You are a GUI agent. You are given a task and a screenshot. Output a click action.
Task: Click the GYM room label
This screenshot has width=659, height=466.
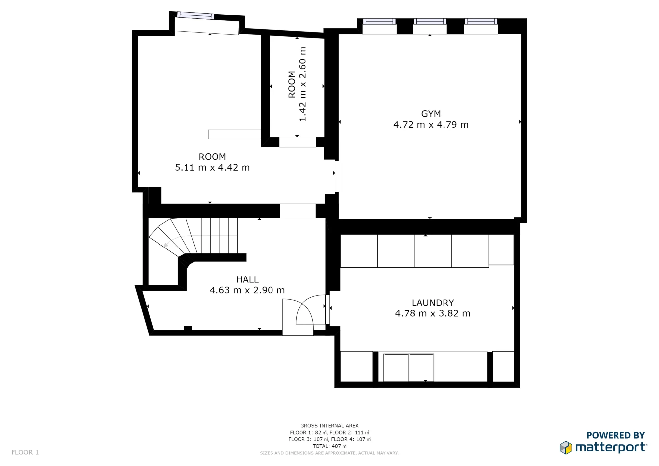pyautogui.click(x=431, y=114)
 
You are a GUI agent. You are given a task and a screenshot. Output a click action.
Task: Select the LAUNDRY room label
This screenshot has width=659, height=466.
pyautogui.click(x=433, y=303)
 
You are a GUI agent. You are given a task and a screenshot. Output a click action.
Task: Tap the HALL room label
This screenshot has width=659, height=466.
pyautogui.click(x=247, y=279)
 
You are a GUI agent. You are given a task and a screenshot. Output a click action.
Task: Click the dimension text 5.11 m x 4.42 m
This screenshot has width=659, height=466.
pyautogui.click(x=212, y=168)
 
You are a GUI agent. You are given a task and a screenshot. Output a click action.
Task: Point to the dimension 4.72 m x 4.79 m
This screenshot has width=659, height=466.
pyautogui.click(x=431, y=125)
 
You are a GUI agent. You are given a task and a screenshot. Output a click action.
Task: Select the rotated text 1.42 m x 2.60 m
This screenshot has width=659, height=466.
pyautogui.click(x=302, y=84)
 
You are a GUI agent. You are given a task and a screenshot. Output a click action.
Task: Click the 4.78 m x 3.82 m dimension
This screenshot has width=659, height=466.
pyautogui.click(x=433, y=313)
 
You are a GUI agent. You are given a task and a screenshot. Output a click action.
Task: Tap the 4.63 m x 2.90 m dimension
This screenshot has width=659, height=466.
pyautogui.click(x=247, y=290)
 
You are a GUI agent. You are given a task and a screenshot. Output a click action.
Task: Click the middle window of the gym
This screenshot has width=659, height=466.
pyautogui.click(x=430, y=22)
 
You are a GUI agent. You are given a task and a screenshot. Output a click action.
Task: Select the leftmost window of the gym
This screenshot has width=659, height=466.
pyautogui.click(x=379, y=22)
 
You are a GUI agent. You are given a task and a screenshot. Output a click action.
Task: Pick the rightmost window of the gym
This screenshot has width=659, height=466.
pyautogui.click(x=480, y=22)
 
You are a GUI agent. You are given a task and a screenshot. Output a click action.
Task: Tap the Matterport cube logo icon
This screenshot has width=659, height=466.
pyautogui.click(x=566, y=448)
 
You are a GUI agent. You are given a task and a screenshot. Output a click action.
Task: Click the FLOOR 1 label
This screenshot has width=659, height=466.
pyautogui.click(x=25, y=452)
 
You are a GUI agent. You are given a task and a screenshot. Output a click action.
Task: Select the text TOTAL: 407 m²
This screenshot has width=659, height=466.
pyautogui.click(x=329, y=446)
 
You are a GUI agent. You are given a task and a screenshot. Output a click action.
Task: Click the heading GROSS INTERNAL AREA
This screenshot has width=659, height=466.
pyautogui.click(x=329, y=426)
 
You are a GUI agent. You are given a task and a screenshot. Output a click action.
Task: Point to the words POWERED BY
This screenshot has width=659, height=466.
pyautogui.click(x=615, y=435)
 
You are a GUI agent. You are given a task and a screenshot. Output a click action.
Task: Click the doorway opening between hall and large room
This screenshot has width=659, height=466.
pyautogui.click(x=298, y=211)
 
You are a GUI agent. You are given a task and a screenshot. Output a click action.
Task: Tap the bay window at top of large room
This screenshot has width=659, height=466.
pyautogui.click(x=195, y=15)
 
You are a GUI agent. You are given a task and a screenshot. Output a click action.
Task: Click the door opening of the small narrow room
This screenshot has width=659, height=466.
pyautogui.click(x=298, y=142)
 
